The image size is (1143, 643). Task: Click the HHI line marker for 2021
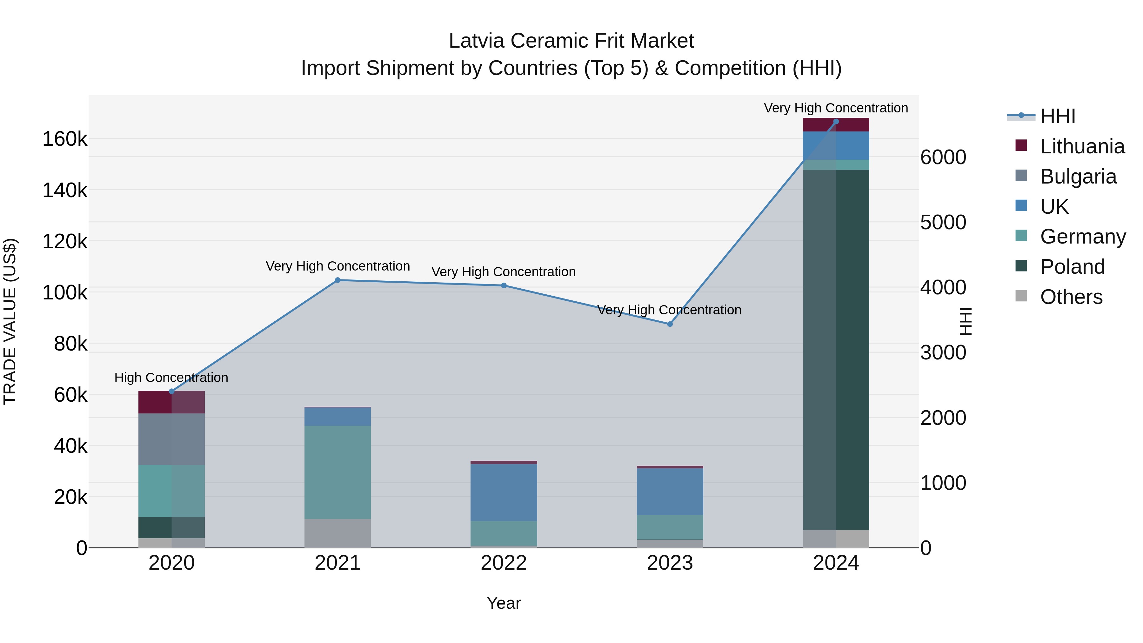[338, 280]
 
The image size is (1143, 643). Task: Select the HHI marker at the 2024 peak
[836, 122]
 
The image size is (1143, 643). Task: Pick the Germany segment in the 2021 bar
[338, 472]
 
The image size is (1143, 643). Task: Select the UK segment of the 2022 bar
[504, 492]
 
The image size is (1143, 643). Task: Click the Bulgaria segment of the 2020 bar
[172, 439]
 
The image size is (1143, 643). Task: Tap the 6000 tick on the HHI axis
[943, 157]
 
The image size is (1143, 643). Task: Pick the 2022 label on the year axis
[504, 563]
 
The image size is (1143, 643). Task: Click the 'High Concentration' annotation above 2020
[171, 378]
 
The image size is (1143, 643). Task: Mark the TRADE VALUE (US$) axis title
[10, 321]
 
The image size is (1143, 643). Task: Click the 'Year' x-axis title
[504, 603]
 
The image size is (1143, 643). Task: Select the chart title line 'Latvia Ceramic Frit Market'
[571, 41]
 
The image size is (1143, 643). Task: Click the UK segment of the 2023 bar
[670, 492]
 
